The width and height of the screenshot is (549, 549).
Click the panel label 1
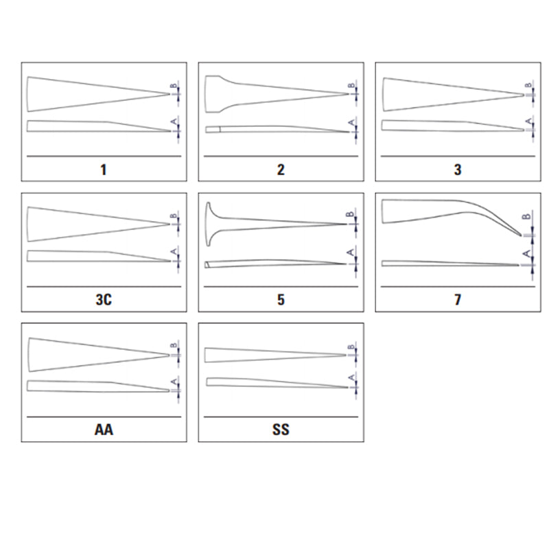click(x=104, y=170)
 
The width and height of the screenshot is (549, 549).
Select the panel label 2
click(x=281, y=170)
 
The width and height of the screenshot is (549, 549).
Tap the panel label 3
click(x=458, y=170)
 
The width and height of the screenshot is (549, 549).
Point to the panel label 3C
click(x=104, y=300)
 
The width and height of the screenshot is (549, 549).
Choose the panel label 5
click(x=281, y=300)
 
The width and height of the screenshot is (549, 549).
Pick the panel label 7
click(x=458, y=300)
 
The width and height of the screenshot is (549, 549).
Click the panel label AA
click(x=104, y=430)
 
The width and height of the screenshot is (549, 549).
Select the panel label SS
click(x=281, y=430)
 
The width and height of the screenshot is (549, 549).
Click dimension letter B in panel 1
click(x=174, y=86)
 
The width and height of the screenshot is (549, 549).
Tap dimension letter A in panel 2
click(x=351, y=123)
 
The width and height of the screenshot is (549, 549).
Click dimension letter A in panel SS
click(x=351, y=377)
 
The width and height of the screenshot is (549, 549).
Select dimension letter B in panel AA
click(x=174, y=346)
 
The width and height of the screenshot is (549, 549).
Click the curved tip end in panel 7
click(x=521, y=235)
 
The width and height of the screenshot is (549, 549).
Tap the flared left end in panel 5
click(x=209, y=224)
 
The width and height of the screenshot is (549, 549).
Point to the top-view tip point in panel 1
click(x=170, y=94)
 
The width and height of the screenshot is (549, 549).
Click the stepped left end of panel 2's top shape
click(x=213, y=94)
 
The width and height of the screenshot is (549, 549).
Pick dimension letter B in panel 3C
click(x=174, y=216)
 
